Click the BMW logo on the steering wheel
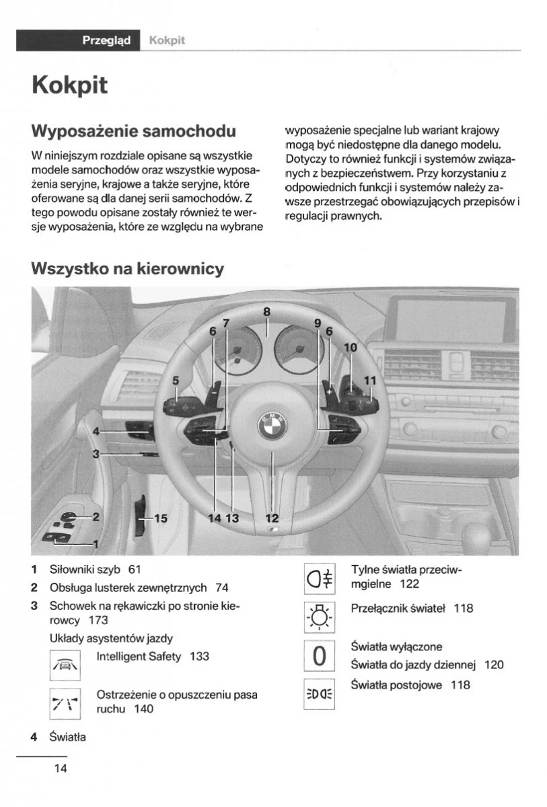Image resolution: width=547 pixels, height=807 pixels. click(272, 425)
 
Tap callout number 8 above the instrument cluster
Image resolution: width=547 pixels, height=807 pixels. click(266, 311)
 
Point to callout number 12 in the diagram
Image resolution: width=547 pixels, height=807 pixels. click(272, 518)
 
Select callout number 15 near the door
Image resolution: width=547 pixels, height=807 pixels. click(160, 518)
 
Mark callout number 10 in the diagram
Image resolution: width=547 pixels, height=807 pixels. click(351, 348)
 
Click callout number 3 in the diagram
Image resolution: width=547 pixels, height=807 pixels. click(96, 454)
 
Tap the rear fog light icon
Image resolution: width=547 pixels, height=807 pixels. click(320, 578)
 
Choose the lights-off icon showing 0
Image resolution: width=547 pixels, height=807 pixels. click(320, 655)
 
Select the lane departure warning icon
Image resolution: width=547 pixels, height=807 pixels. click(65, 703)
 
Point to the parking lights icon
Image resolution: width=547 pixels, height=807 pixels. click(320, 693)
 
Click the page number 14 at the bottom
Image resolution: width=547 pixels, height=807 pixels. click(60, 768)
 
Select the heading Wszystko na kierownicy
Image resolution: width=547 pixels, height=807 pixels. click(127, 269)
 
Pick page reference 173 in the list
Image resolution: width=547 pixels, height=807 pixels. click(98, 620)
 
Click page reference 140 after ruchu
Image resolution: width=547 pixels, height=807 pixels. click(144, 709)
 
